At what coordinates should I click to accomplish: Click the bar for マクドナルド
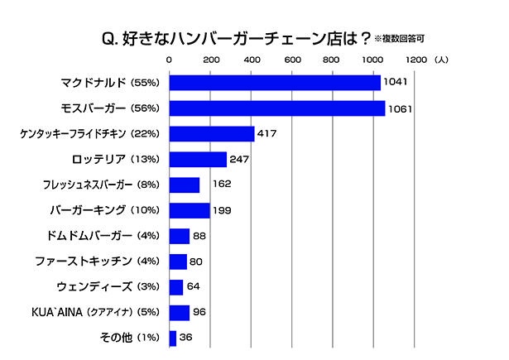pos(274,83)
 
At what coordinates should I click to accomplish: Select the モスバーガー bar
pos(276,108)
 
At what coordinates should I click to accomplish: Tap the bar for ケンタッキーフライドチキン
pos(212,134)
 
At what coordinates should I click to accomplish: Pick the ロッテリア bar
pos(198,159)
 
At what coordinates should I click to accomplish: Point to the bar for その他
pos(173,338)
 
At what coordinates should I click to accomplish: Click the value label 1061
pos(400,109)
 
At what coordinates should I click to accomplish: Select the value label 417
pos(268,135)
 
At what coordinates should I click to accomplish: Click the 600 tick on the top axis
pos(291,60)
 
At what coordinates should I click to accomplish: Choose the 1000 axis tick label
pos(372,60)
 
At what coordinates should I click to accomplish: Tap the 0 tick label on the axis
pos(170,60)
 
